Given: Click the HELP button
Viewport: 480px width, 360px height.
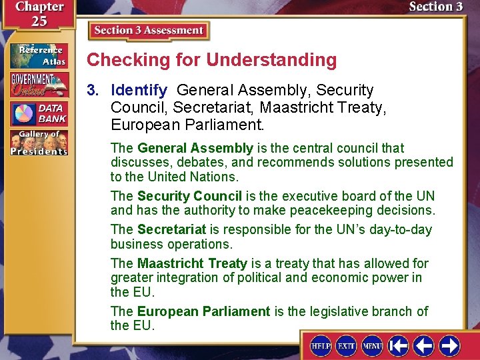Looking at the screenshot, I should [x=321, y=345].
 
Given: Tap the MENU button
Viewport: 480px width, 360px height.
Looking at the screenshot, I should [x=372, y=345].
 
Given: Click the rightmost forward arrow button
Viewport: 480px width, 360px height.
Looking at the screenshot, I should [x=450, y=345].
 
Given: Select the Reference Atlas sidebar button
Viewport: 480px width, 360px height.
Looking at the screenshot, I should [x=39, y=55].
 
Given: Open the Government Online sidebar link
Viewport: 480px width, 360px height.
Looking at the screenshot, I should [x=39, y=84].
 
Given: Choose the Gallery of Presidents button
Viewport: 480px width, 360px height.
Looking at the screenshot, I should [x=39, y=143].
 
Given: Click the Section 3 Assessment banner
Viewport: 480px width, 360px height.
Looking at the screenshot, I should [x=149, y=31].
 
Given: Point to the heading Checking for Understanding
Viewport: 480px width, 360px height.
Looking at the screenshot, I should [x=212, y=60].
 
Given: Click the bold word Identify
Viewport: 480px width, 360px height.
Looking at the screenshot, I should [x=139, y=90].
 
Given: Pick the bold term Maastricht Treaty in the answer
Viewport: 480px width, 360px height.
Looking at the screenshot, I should [x=192, y=263].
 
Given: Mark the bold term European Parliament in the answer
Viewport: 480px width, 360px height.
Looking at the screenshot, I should [x=203, y=311].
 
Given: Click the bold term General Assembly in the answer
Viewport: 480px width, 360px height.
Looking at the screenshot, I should [x=195, y=148].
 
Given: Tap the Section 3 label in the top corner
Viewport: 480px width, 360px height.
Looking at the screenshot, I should [x=435, y=7].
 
